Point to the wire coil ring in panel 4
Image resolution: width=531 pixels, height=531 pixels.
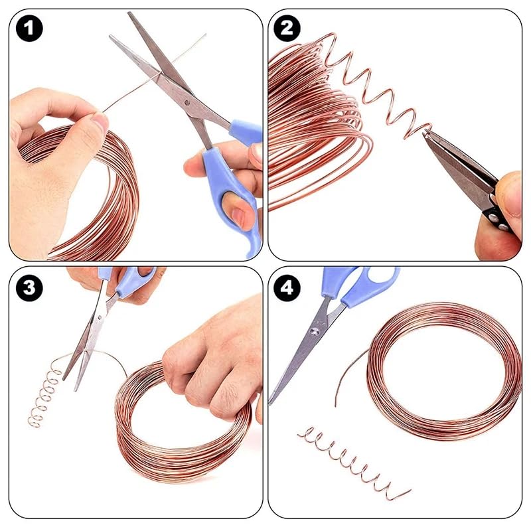pos(445,372)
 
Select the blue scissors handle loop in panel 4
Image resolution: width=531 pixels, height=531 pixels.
pos(372,285)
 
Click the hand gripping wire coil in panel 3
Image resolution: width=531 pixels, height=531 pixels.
pos(212,358)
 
